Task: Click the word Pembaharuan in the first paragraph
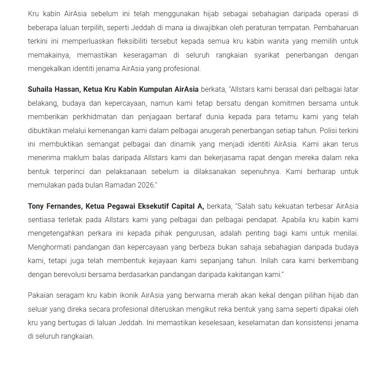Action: [336, 27]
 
